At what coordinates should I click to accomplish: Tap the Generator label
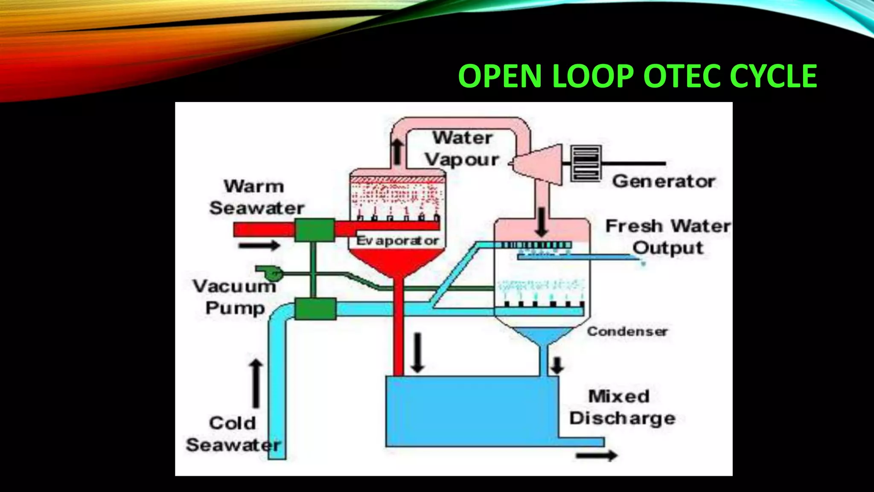point(664,182)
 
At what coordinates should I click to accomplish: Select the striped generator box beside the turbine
point(586,163)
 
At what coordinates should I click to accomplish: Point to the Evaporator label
point(397,241)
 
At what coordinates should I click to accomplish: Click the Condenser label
point(627,331)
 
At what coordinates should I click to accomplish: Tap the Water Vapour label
point(463,149)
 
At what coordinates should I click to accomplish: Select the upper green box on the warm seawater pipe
point(315,230)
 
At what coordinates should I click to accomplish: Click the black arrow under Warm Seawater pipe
point(259,246)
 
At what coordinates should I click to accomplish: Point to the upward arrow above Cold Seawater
point(256,384)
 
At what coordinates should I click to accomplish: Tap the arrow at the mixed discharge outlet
point(596,455)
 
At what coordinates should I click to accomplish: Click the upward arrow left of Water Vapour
point(397,152)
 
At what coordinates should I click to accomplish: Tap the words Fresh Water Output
point(668,237)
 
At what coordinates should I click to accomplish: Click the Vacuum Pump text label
point(235,297)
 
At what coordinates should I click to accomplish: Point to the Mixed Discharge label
point(621,407)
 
